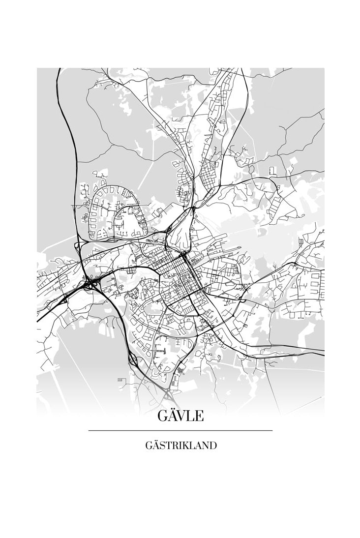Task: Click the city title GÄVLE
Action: [x=180, y=416]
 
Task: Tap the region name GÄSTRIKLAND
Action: [x=181, y=446]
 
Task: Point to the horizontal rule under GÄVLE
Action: [x=180, y=431]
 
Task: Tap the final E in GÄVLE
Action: [x=199, y=416]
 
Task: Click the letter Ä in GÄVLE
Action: [x=173, y=416]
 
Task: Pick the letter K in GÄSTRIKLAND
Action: [x=185, y=446]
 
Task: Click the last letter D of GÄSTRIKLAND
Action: [x=213, y=446]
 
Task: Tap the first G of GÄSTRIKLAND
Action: [x=149, y=446]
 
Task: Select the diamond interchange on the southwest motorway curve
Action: [x=132, y=359]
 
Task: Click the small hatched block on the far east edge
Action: [x=301, y=242]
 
